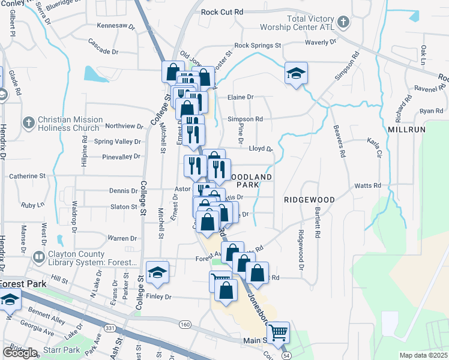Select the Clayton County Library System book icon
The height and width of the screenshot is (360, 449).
click(x=38, y=257)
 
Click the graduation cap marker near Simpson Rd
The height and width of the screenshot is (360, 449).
click(x=296, y=73)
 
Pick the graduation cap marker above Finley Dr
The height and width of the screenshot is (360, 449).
click(x=157, y=272)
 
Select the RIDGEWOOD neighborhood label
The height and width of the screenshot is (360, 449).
click(x=309, y=199)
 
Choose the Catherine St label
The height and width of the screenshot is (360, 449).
click(x=27, y=176)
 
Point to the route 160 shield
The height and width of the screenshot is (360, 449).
click(x=184, y=324)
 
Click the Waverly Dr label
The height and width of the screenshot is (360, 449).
click(x=321, y=42)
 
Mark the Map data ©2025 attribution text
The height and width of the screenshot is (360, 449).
click(x=423, y=355)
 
